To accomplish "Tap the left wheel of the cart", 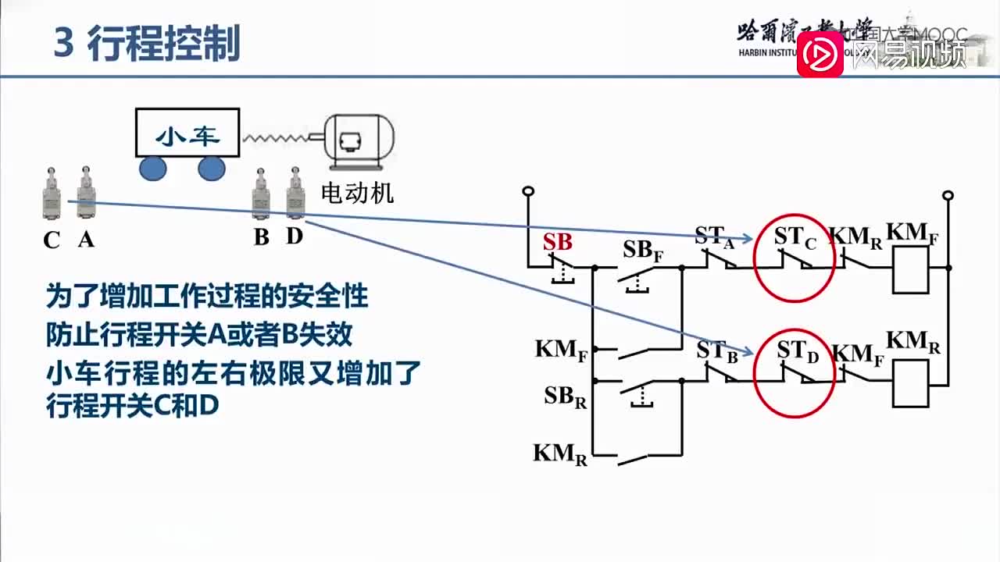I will pyautogui.click(x=153, y=168).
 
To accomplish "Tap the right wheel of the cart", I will pyautogui.click(x=211, y=168).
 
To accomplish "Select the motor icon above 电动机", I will pyautogui.click(x=359, y=141).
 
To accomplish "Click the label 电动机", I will pyautogui.click(x=358, y=193).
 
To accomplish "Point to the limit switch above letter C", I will pyautogui.click(x=52, y=195).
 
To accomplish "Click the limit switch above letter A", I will pyautogui.click(x=85, y=195).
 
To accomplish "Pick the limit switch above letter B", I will pyautogui.click(x=261, y=195).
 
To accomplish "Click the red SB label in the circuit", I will pyautogui.click(x=558, y=242).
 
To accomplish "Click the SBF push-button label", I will pyautogui.click(x=642, y=251).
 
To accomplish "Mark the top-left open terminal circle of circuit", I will pyautogui.click(x=528, y=191).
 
